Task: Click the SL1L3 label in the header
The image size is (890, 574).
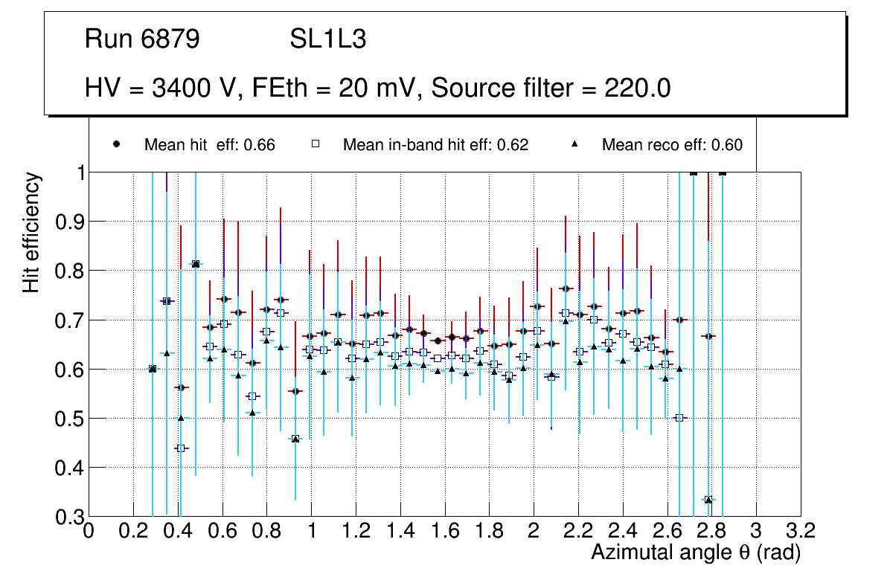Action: coord(327,40)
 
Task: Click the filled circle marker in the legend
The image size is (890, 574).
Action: coord(116,144)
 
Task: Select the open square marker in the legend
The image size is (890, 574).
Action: coord(315,144)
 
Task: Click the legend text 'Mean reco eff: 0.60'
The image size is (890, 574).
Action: coord(672,145)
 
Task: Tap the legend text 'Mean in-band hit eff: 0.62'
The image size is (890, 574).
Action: coord(435,145)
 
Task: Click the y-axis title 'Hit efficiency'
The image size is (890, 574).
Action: coord(31,232)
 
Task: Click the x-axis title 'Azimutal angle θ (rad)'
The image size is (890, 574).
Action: coord(696,552)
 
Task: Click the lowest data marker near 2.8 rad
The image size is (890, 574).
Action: coord(708,500)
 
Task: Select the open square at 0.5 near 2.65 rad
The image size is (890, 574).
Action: coord(679,418)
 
